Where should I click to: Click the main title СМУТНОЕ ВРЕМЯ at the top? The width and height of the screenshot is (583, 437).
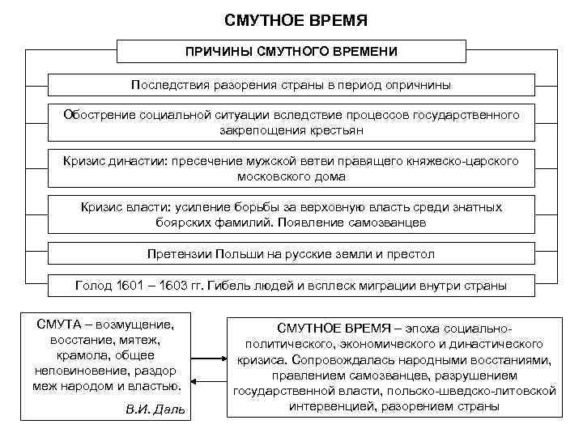(291, 17)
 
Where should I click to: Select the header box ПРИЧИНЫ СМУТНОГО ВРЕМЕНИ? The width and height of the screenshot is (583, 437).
(291, 51)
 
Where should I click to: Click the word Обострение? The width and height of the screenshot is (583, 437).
(96, 115)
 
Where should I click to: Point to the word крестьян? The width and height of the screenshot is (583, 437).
(336, 129)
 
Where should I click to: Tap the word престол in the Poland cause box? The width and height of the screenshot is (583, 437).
(411, 253)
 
